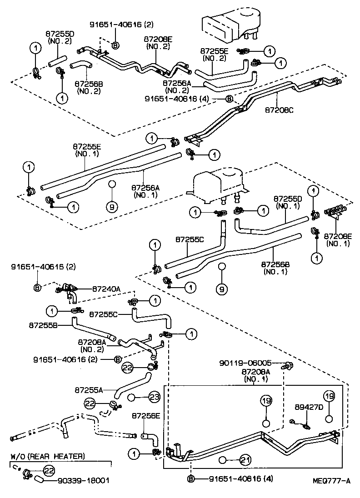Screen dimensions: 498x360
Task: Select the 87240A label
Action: click(x=107, y=288)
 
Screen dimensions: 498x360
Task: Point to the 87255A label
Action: click(x=89, y=389)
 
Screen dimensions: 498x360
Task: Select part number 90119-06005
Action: click(x=245, y=363)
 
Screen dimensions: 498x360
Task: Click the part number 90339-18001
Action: click(x=84, y=480)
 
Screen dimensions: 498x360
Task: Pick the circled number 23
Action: click(x=155, y=397)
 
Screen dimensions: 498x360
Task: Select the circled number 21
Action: click(x=245, y=460)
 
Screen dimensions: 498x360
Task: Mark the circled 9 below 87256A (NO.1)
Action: click(x=112, y=206)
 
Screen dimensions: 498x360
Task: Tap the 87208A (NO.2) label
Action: click(x=92, y=346)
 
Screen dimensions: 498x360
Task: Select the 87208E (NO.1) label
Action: click(x=338, y=239)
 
